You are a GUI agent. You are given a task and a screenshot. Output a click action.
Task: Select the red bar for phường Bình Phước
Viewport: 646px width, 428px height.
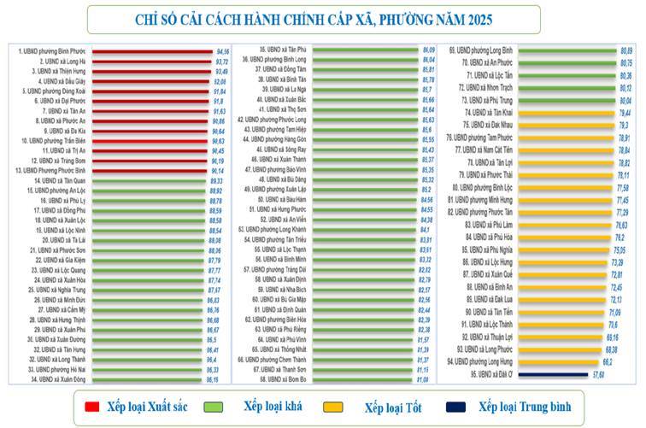[150, 51]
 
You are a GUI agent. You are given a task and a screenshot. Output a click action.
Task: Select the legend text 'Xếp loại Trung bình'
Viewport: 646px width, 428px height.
[524, 406]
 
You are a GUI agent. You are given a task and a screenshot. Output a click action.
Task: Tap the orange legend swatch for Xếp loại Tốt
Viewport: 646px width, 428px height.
[342, 407]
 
